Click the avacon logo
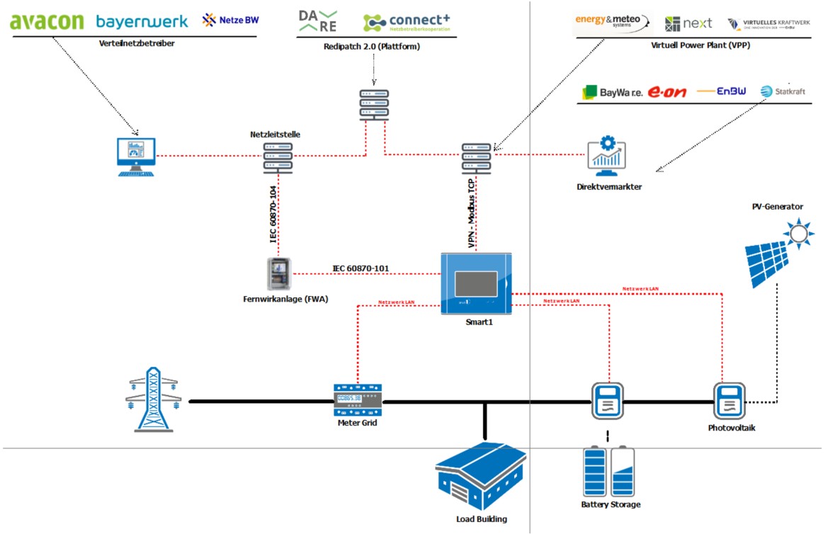point(47,21)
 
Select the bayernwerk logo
point(142,21)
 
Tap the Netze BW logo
point(230,20)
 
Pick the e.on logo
point(667,92)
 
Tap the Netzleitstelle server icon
point(278,157)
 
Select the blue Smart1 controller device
point(476,284)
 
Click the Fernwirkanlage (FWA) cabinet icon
point(278,274)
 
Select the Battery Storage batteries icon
point(608,471)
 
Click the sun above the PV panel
point(798,232)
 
